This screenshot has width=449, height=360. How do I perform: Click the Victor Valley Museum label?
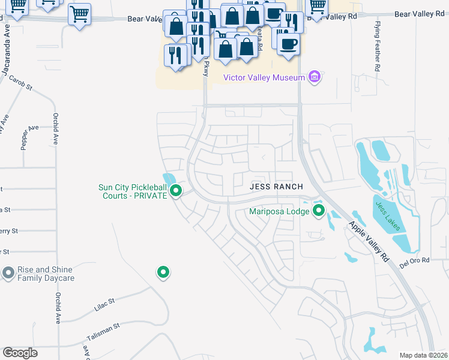click(264, 77)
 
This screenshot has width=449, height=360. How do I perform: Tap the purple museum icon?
click(314, 77)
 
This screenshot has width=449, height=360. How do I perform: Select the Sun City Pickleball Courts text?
click(132, 191)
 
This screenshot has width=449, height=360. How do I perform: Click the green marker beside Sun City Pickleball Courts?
click(176, 191)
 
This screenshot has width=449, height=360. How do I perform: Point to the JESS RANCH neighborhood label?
click(274, 187)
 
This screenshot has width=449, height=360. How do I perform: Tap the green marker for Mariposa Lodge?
click(318, 211)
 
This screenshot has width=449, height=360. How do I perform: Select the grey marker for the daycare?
click(8, 274)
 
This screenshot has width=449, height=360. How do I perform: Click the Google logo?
click(20, 353)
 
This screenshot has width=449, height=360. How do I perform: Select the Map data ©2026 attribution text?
click(423, 355)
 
